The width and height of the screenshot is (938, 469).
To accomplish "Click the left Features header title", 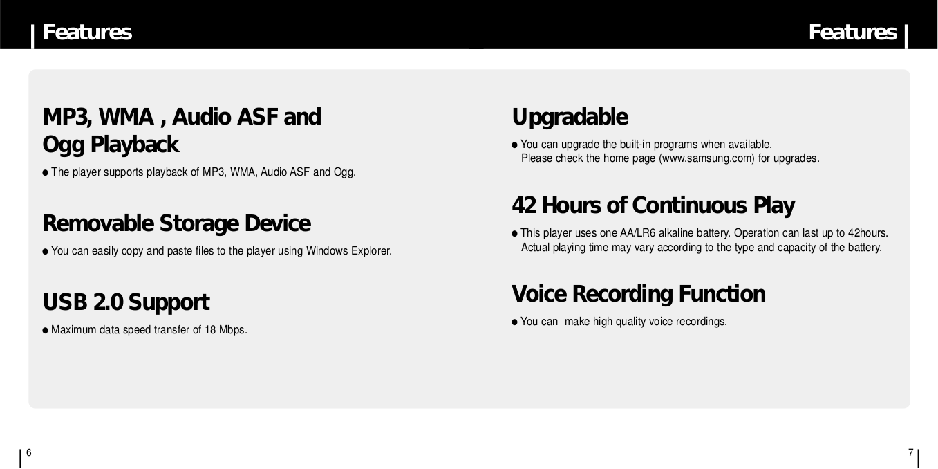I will [x=87, y=32].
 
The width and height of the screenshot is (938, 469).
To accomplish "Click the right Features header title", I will [x=852, y=32].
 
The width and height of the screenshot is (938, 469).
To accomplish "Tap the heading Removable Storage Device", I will [x=176, y=223].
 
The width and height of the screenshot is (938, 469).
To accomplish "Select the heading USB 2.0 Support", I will [x=125, y=302].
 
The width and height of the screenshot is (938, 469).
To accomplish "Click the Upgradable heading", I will [x=570, y=117].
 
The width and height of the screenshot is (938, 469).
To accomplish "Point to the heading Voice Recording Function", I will [x=638, y=294].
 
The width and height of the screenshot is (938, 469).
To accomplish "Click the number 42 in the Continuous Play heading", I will [x=524, y=205].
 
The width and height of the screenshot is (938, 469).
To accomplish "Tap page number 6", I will [x=29, y=453].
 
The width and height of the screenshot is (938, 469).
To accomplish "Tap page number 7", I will [x=910, y=453].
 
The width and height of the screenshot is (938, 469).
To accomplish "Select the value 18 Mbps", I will [x=225, y=330].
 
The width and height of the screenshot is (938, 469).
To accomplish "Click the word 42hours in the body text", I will [x=867, y=233].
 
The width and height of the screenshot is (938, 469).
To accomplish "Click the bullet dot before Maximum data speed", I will [x=46, y=331].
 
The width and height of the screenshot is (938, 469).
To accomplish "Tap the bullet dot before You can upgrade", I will [x=514, y=145].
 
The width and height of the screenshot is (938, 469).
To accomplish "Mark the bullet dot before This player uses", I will [x=514, y=234].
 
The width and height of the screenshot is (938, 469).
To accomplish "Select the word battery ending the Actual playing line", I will [x=864, y=248].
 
